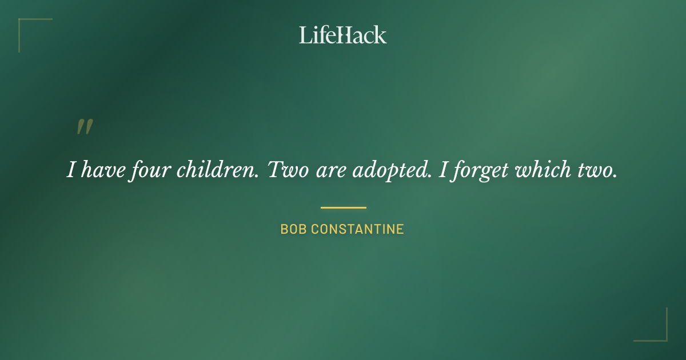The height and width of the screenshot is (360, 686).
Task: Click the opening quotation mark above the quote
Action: (x=85, y=127)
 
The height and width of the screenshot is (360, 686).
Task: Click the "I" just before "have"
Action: (x=71, y=170)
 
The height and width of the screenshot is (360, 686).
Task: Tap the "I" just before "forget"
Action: (x=442, y=170)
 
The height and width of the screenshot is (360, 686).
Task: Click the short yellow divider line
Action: (x=343, y=207)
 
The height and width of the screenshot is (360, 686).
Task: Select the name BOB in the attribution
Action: (x=292, y=230)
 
